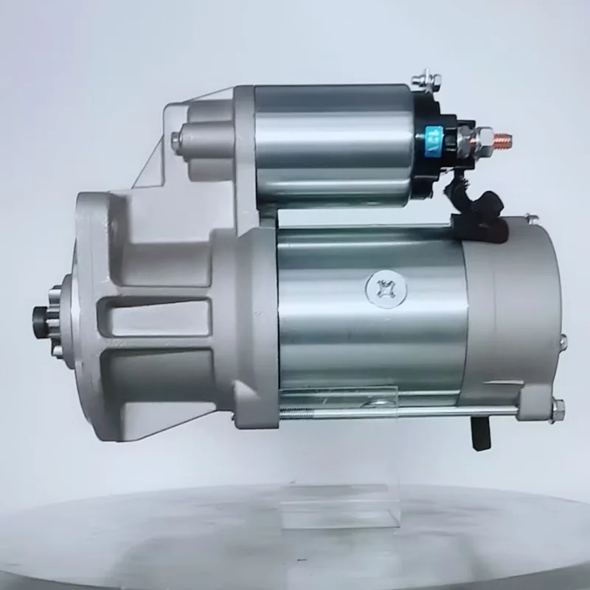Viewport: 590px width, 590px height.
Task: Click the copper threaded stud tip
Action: pyautogui.click(x=504, y=137)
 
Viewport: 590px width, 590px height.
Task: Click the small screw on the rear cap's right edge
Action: pyautogui.click(x=563, y=341)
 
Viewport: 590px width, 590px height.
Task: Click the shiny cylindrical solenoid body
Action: pyautogui.click(x=332, y=144)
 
